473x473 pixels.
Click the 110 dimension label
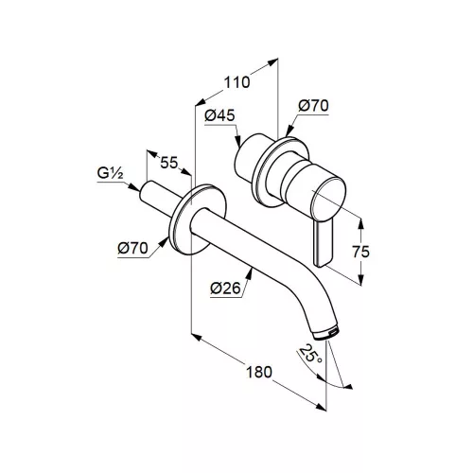(236, 82)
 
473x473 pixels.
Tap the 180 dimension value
(258, 372)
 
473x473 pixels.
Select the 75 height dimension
(360, 252)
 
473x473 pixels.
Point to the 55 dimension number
(169, 163)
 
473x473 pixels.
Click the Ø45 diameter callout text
(219, 115)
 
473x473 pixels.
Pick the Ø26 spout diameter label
(225, 289)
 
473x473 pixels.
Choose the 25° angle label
(311, 354)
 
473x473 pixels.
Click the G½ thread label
(110, 173)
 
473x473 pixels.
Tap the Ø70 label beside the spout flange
(132, 249)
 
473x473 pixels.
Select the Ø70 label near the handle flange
(313, 106)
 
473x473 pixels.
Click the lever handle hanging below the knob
(322, 243)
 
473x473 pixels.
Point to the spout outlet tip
(326, 333)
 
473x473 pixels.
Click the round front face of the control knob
(328, 198)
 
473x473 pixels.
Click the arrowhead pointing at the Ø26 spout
(250, 273)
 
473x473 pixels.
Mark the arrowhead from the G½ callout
(134, 187)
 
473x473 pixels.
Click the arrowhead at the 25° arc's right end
(347, 387)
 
